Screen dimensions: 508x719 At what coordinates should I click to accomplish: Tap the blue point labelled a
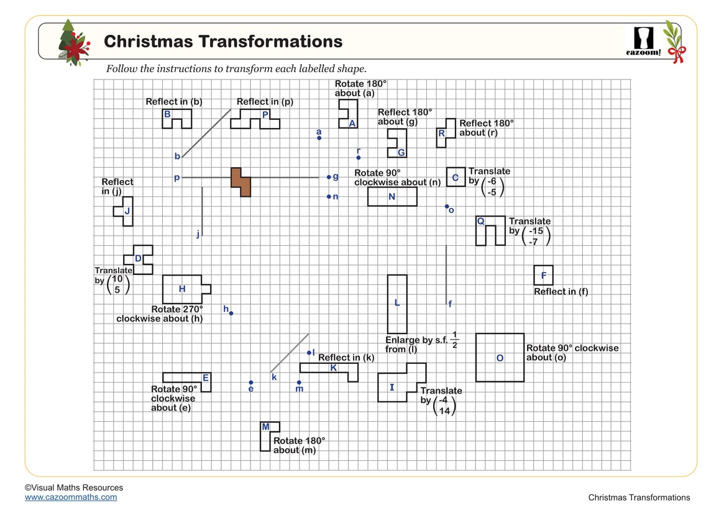[x=319, y=138]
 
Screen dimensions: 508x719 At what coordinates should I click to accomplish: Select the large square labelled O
[x=500, y=358]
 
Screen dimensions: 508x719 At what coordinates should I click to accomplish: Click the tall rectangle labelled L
[x=397, y=304]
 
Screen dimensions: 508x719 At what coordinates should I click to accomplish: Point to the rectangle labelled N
[x=392, y=196]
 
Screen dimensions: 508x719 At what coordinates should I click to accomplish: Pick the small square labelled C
[x=456, y=177]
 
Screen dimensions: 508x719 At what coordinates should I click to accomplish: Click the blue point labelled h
[x=231, y=313]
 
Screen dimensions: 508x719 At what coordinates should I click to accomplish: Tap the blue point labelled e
[x=251, y=383]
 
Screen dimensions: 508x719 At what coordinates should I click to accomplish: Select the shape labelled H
[x=183, y=289]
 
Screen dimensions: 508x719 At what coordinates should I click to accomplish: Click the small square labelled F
[x=543, y=275]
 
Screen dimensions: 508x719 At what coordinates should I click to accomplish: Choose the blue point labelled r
[x=359, y=158]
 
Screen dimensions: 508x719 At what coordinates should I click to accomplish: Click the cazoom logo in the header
[x=643, y=40]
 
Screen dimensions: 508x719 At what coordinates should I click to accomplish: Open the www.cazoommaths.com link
[x=71, y=497]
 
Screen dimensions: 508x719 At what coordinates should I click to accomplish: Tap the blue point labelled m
[x=299, y=383]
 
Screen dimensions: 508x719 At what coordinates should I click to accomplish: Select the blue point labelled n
[x=329, y=197]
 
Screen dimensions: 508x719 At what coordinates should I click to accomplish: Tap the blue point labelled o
[x=446, y=206]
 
